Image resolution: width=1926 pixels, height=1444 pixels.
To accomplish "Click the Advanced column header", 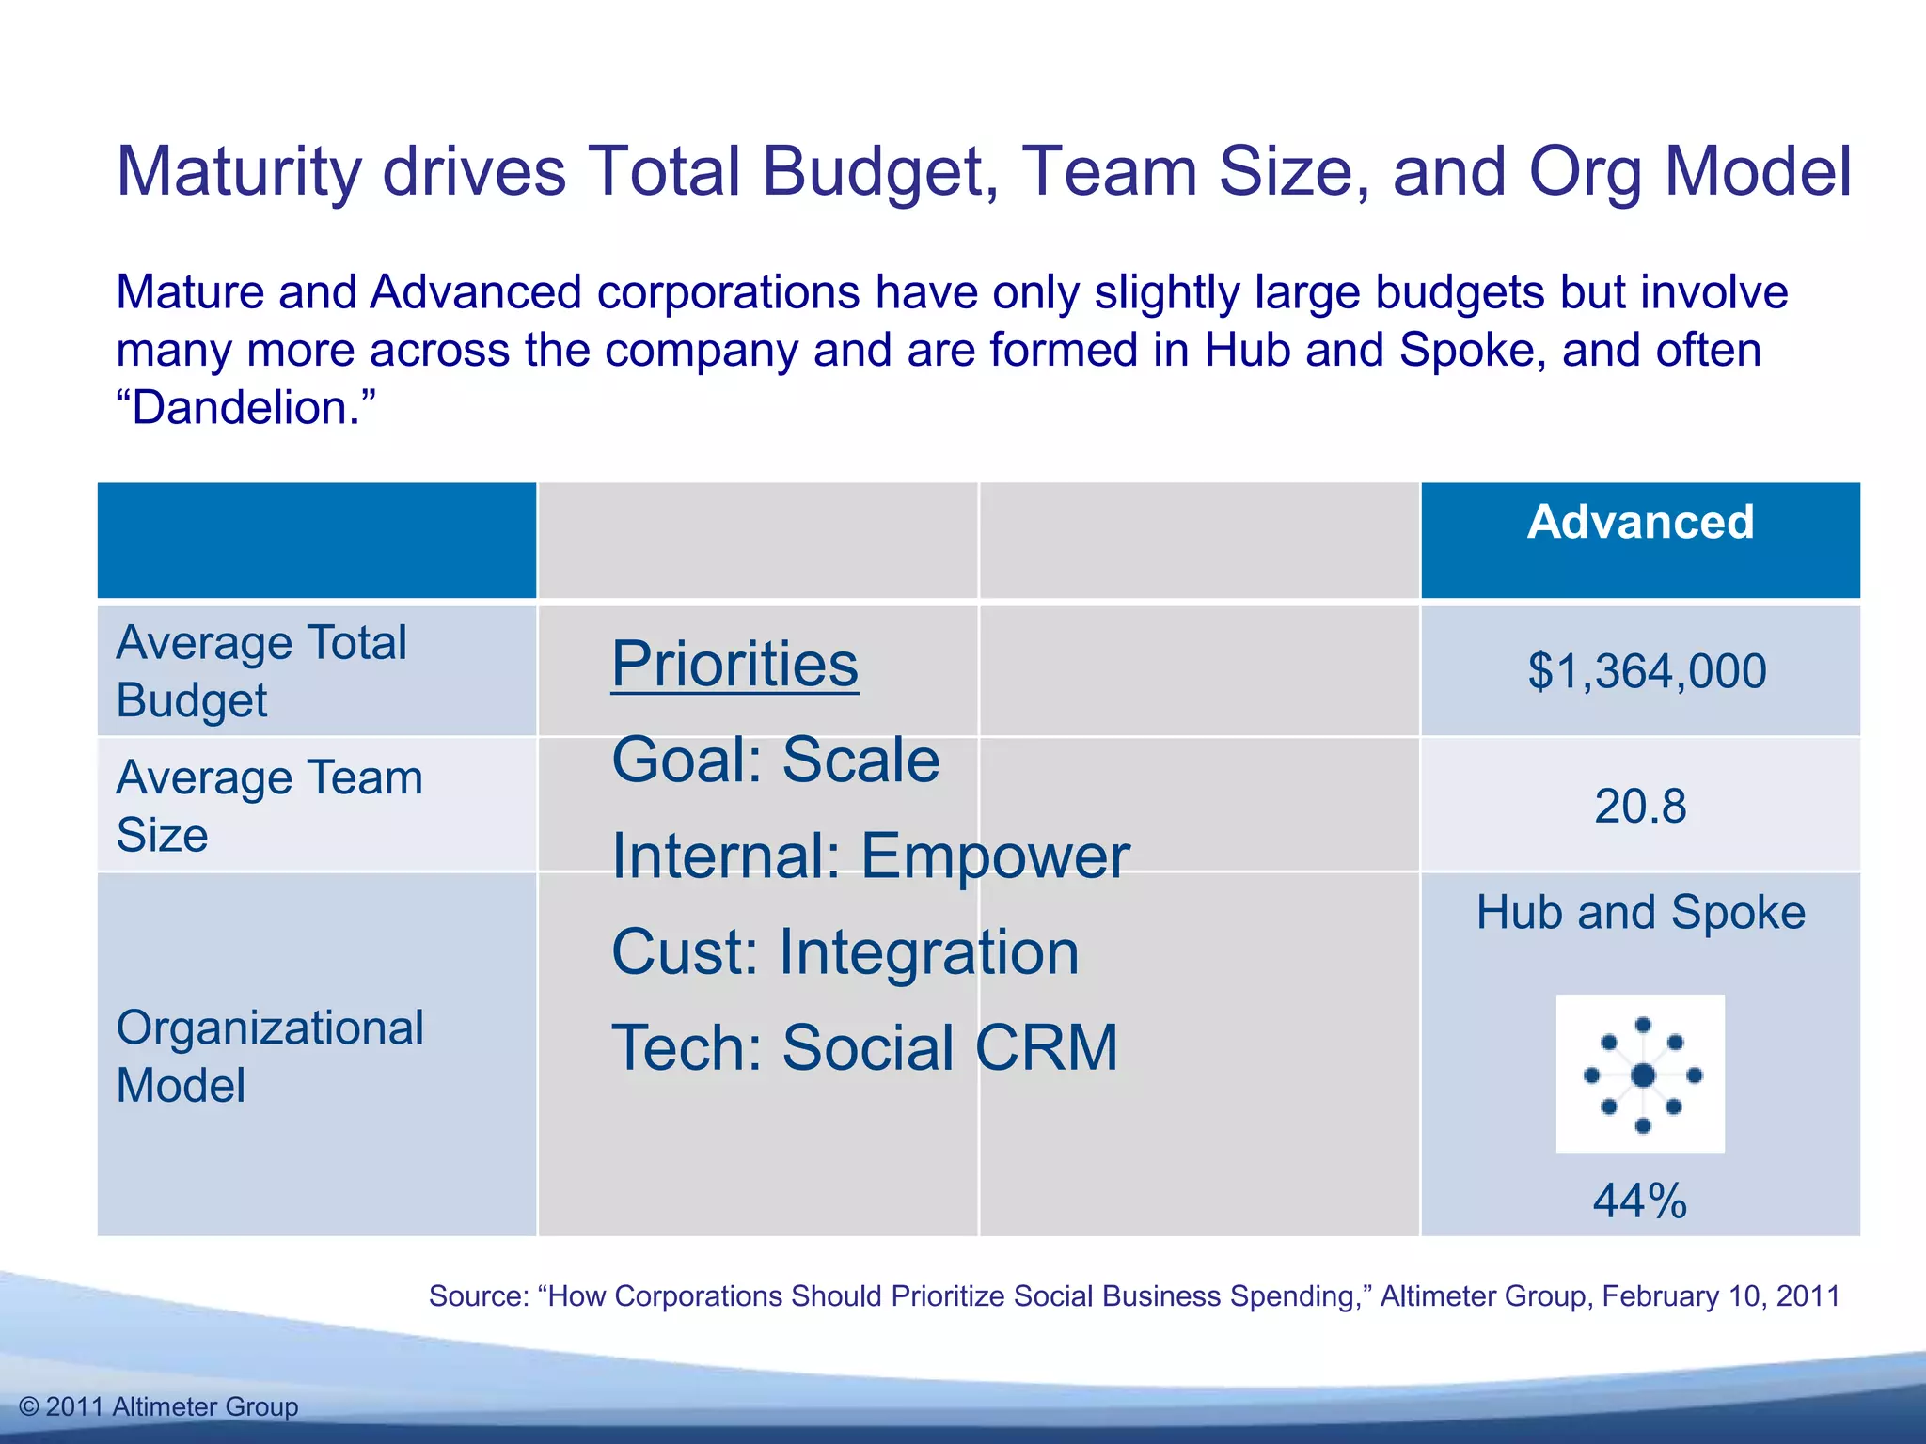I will tap(1640, 522).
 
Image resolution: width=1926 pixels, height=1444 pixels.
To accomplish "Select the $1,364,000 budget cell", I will tap(1647, 671).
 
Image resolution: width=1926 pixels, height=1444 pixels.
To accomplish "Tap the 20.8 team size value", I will tap(1640, 807).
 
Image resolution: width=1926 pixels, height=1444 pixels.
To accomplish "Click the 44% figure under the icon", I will tap(1640, 1201).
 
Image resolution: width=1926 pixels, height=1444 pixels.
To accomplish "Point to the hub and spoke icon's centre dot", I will tap(1643, 1075).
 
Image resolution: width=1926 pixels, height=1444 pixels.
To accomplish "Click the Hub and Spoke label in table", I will tap(1640, 912).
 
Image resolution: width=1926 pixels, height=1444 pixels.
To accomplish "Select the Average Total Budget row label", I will tap(261, 671).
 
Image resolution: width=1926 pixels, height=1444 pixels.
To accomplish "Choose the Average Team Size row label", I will tap(269, 806).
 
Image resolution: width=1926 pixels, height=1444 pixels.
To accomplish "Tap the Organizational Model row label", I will tap(269, 1056).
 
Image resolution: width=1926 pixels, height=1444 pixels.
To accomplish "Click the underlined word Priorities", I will tap(734, 664).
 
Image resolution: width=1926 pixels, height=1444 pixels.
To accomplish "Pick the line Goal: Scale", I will tap(775, 760).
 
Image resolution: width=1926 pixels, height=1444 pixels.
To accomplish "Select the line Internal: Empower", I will tap(870, 855).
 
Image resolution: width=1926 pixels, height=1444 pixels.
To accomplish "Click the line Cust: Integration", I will tap(845, 951).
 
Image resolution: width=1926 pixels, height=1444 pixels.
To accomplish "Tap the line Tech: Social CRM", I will tap(864, 1047).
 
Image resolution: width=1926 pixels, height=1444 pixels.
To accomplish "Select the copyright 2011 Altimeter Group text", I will tap(159, 1406).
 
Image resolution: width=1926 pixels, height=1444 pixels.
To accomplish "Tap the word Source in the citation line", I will tap(478, 1295).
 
